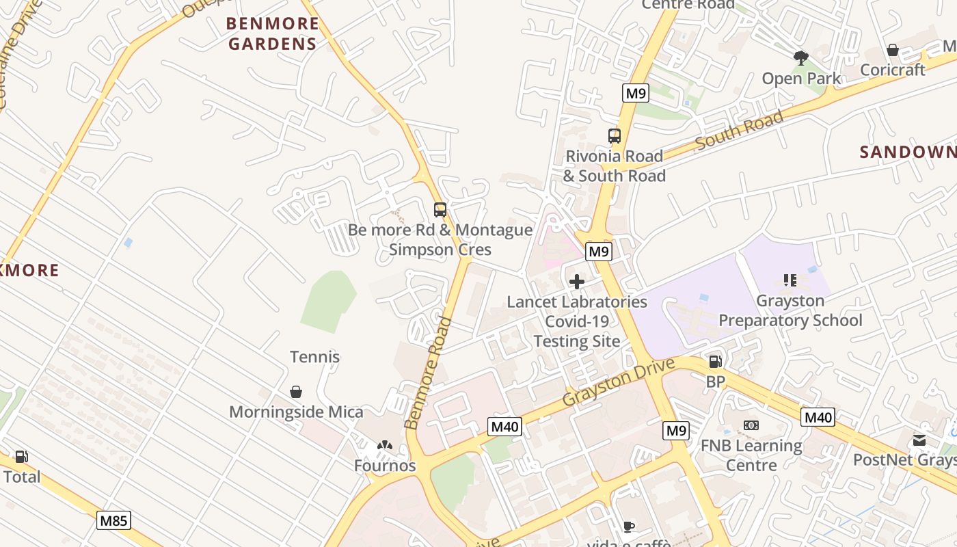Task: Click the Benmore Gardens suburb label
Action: click(272, 34)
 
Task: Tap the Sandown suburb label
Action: click(907, 152)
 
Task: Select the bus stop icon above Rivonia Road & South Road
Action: click(615, 136)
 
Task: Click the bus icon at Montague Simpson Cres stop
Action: click(440, 210)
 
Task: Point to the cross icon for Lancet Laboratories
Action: click(577, 282)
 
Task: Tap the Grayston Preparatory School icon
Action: click(790, 280)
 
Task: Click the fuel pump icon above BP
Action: click(715, 362)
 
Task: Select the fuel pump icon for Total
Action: click(22, 457)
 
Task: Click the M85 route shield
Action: click(113, 521)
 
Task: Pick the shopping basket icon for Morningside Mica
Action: click(296, 392)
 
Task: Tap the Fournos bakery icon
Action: click(385, 446)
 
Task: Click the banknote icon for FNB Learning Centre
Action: click(751, 425)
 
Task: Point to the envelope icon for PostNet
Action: click(919, 440)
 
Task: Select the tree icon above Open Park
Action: click(801, 58)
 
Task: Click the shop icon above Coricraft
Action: click(892, 50)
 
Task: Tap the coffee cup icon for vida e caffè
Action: click(629, 526)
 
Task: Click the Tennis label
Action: click(314, 357)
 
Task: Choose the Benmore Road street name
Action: click(429, 373)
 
